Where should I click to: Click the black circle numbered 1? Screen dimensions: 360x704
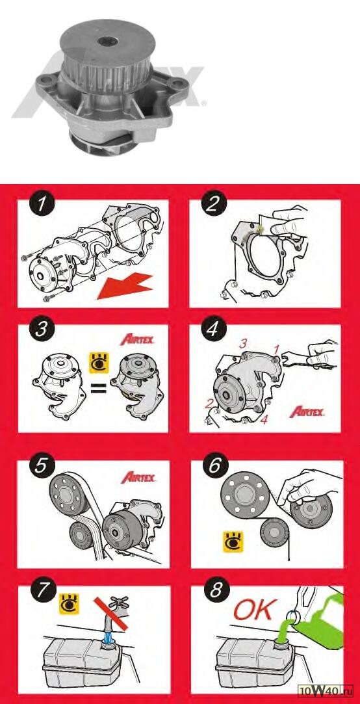coord(42,205)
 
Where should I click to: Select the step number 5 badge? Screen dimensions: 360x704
coord(42,465)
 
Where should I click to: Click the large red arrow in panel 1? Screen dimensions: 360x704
coord(127,288)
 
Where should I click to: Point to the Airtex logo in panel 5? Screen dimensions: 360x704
coord(138,477)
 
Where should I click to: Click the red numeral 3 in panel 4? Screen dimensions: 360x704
coord(243,345)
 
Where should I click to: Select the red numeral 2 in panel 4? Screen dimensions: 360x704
coord(209,403)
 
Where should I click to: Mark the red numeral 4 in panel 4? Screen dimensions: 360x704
coord(265,420)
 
